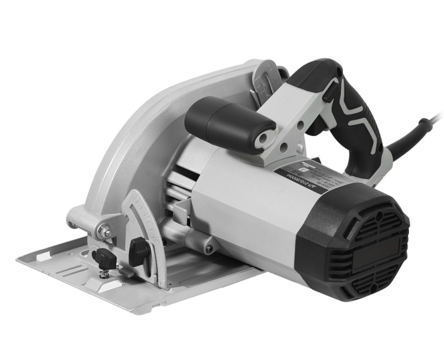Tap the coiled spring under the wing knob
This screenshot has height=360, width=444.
point(104,272)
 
